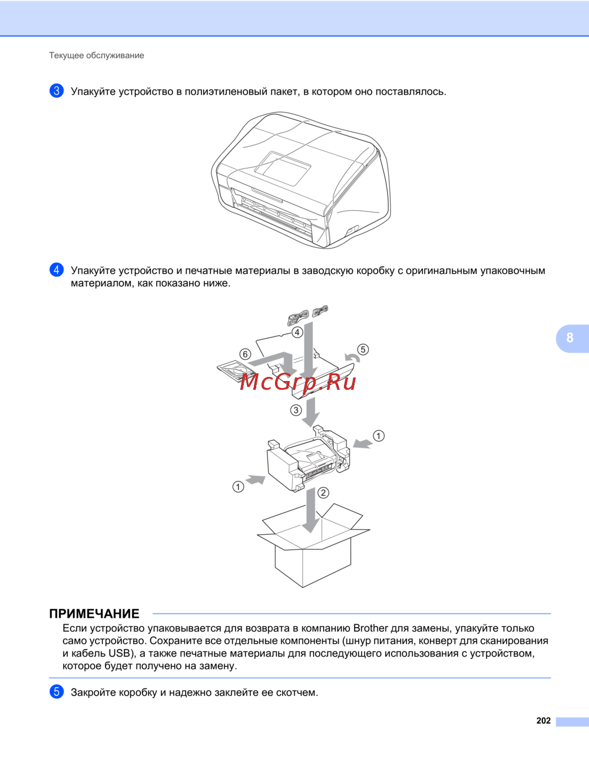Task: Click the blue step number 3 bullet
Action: point(57,91)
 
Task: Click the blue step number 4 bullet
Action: point(57,270)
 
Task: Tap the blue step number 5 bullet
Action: point(57,692)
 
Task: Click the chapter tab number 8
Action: point(570,337)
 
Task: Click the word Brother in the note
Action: point(370,628)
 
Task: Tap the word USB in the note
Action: point(119,653)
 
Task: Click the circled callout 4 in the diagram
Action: point(297,332)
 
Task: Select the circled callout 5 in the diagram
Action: point(363,349)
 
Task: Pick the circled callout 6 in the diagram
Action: point(245,354)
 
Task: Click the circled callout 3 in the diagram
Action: point(296,410)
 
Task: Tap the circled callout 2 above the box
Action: point(323,493)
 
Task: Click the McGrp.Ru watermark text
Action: point(298,382)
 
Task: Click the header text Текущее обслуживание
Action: point(97,55)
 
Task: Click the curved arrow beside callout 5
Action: point(352,357)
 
